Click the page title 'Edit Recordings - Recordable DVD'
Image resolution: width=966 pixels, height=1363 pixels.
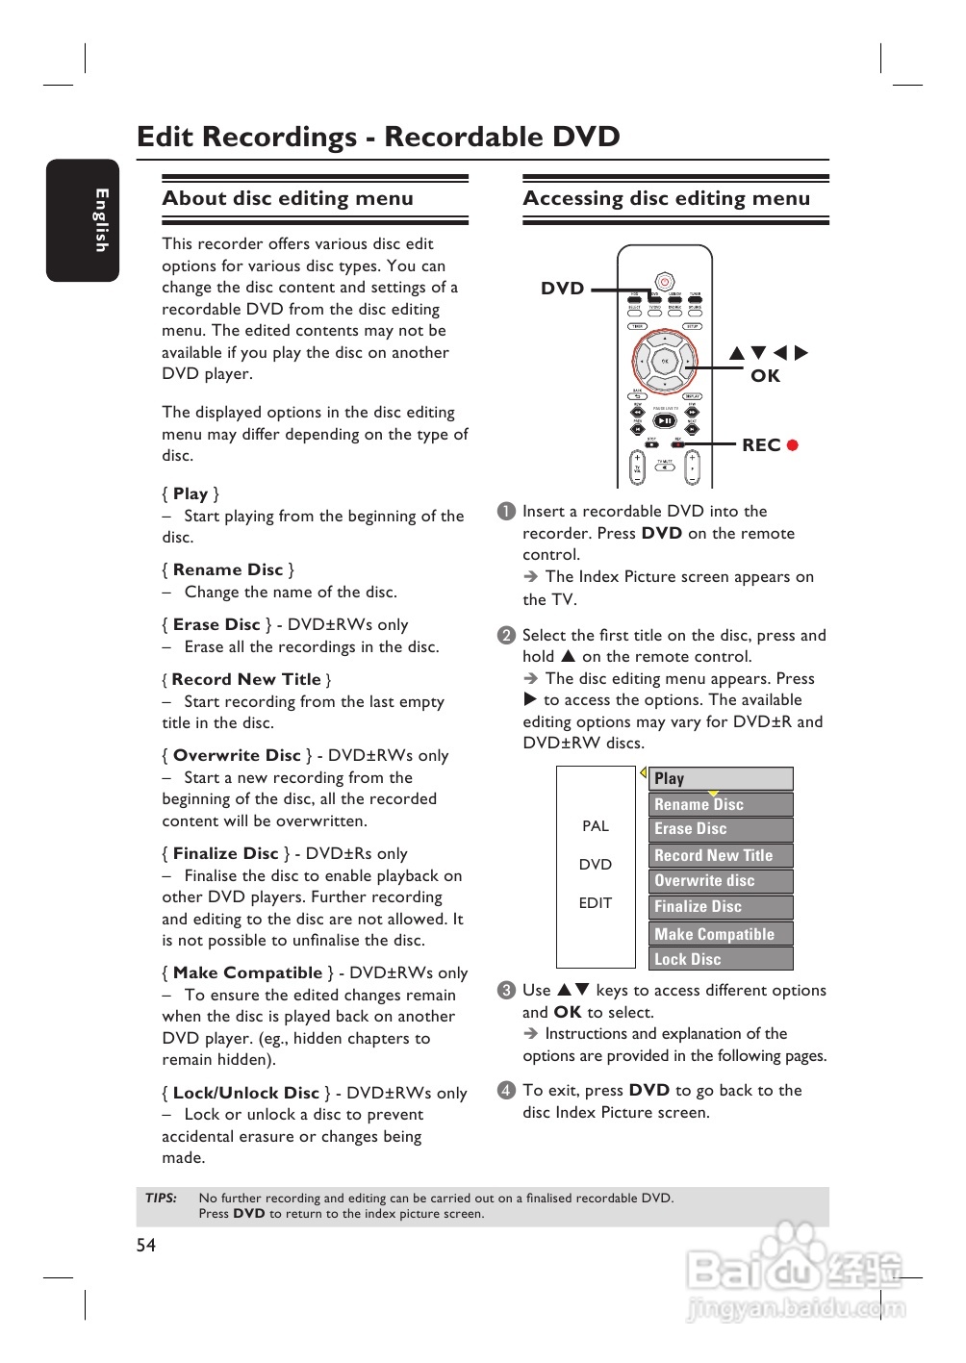pos(378,137)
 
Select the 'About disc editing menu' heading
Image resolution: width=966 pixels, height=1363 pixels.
pos(288,198)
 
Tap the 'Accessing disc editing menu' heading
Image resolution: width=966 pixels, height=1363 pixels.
pos(666,198)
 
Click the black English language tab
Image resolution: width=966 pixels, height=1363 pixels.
pos(83,220)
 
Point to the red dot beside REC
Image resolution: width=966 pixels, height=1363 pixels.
pos(793,445)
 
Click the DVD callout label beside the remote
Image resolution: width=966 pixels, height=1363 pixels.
pos(563,289)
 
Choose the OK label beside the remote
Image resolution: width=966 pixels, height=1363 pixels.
pos(765,376)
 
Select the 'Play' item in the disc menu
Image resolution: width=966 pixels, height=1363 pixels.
pos(721,778)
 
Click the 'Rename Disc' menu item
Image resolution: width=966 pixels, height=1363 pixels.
pos(721,804)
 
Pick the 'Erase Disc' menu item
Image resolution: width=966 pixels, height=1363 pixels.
pos(721,829)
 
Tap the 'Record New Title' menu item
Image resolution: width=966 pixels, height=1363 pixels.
pos(721,855)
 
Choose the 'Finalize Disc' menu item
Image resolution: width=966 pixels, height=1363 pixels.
pos(721,906)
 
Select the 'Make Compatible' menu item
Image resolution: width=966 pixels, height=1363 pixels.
pos(721,934)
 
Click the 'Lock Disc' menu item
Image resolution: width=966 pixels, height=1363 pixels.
pos(721,959)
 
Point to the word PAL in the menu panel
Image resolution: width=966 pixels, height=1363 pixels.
pos(596,826)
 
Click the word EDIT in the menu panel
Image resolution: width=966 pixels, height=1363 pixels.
pos(596,903)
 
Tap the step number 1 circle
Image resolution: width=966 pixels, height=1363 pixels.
pos(506,511)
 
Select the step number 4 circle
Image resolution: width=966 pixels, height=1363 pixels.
pos(506,1090)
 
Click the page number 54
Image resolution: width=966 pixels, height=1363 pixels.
pos(146,1246)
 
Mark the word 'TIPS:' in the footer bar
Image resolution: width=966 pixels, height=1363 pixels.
pos(162,1199)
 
